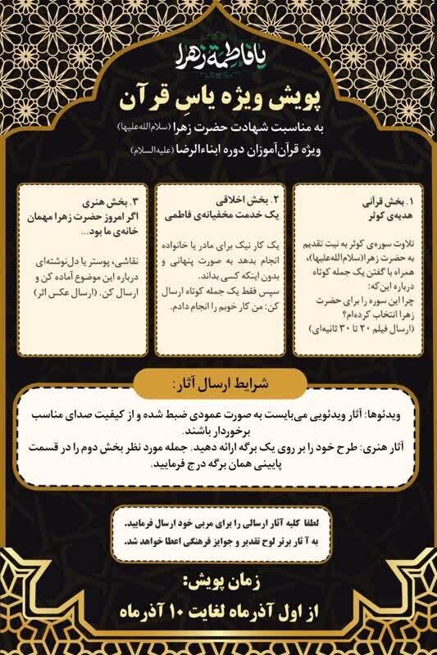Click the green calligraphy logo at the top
218,58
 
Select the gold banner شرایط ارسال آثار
219,383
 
